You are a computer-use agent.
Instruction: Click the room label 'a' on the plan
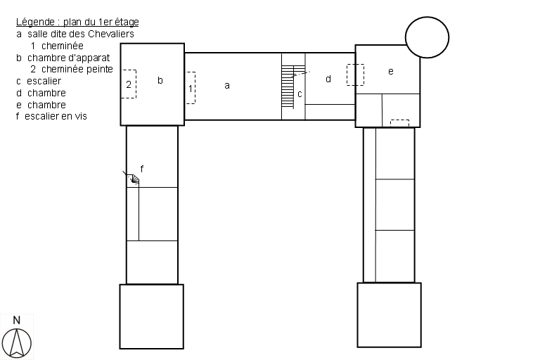coord(227,86)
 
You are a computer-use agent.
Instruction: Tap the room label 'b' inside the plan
coord(160,80)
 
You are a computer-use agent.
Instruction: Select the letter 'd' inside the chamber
coord(328,79)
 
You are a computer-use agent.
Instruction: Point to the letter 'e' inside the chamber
coord(390,71)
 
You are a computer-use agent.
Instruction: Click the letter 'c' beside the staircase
coord(300,94)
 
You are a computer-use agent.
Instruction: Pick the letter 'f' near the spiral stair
coord(142,169)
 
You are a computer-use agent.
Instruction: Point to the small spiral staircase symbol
coord(134,179)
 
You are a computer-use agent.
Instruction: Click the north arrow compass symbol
coord(17,343)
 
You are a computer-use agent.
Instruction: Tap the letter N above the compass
coord(17,321)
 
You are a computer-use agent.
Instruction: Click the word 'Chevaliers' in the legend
coord(111,34)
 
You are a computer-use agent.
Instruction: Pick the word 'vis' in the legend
coord(81,117)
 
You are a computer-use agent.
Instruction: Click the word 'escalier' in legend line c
coord(44,81)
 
